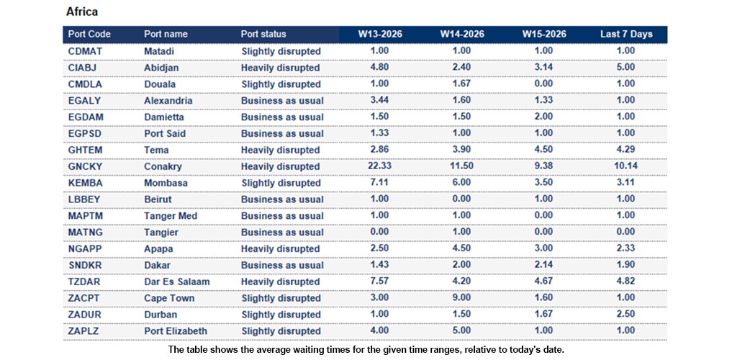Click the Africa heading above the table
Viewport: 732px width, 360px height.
coord(81,12)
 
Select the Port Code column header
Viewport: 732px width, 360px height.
coord(89,34)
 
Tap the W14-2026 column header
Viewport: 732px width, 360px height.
coord(461,34)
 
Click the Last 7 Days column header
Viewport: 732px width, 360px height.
coord(625,34)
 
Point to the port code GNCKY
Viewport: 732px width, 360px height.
coord(85,166)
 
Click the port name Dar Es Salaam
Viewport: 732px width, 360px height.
coord(175,282)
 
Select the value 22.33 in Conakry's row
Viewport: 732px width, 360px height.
coord(379,166)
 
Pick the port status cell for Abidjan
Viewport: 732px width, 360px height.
coord(280,68)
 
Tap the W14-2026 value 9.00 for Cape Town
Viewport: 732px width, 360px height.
coord(461,298)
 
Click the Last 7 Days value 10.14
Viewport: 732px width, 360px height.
coord(625,166)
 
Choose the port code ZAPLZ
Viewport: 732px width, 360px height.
coord(84,331)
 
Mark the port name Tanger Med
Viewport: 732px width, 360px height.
coord(170,216)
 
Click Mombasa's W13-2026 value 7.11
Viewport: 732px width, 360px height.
coord(379,183)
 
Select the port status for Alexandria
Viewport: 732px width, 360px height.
coord(282,101)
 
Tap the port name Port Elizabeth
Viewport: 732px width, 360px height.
coord(175,331)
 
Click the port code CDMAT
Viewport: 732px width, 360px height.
coord(85,51)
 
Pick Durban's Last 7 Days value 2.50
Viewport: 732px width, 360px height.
coord(625,315)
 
